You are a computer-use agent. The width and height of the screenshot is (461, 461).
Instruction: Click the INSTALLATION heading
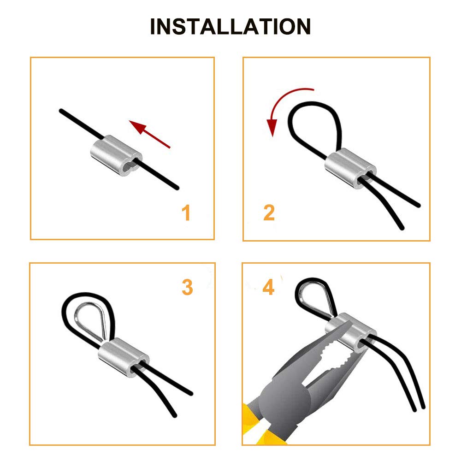click(230, 27)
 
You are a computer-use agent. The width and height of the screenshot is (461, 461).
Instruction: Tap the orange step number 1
click(186, 213)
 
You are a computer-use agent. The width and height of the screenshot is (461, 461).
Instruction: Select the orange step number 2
click(269, 213)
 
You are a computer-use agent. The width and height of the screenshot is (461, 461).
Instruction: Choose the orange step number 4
click(268, 287)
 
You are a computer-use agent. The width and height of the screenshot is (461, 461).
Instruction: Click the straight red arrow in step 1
click(150, 134)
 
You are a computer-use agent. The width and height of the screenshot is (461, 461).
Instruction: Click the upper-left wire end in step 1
click(61, 111)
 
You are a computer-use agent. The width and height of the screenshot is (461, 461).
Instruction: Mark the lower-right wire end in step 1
click(177, 187)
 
